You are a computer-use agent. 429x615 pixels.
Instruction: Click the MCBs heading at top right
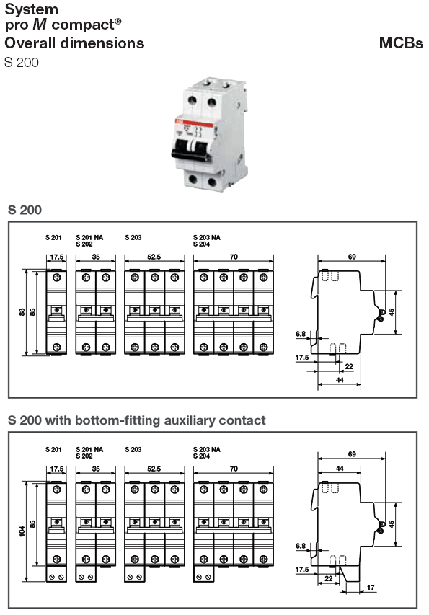401,43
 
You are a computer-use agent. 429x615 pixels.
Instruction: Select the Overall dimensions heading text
74,43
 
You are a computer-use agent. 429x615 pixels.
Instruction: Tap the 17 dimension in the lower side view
371,588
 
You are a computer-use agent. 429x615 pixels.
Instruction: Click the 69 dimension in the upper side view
351,256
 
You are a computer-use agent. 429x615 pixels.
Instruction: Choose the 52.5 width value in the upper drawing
153,256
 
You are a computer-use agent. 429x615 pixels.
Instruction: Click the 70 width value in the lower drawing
234,469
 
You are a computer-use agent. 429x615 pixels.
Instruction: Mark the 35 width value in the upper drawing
95,256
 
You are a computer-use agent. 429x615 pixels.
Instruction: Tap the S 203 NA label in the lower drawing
207,449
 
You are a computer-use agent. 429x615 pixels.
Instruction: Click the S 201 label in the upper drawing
53,236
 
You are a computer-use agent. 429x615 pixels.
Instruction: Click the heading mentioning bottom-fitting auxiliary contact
136,420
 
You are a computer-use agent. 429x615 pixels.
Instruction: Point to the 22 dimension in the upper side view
348,366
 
